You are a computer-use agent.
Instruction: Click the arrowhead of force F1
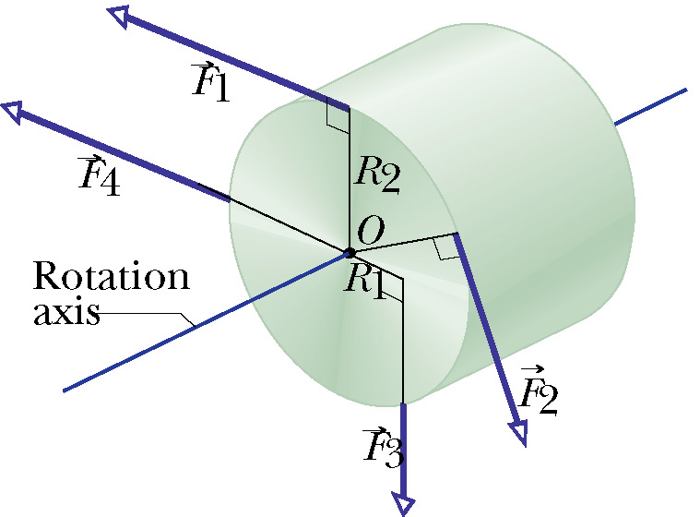[118, 16]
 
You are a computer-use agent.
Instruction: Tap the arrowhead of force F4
[13, 112]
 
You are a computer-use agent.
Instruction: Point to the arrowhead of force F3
[404, 503]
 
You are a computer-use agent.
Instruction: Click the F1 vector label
[210, 83]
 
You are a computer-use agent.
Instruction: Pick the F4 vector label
[99, 175]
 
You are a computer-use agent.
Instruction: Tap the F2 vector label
[539, 391]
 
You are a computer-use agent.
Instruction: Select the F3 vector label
[384, 448]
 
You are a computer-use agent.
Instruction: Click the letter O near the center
[372, 230]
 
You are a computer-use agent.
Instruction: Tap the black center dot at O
[350, 253]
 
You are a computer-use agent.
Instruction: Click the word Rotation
[112, 276]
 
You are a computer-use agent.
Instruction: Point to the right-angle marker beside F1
[338, 114]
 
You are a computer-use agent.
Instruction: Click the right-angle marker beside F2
[446, 247]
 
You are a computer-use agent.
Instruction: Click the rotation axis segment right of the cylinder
[651, 107]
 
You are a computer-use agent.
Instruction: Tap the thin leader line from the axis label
[147, 319]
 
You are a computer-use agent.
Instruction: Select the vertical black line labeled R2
[350, 180]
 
